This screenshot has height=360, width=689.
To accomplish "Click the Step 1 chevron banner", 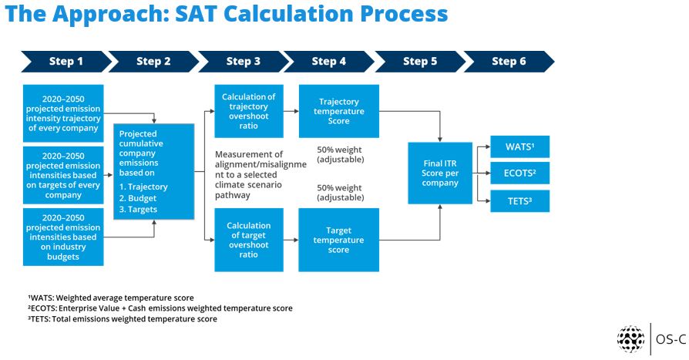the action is point(66,62).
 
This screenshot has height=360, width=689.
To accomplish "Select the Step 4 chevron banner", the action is point(328,62).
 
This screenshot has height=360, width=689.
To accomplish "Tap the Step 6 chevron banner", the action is point(509,62).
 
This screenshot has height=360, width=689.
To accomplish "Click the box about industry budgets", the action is point(63,237).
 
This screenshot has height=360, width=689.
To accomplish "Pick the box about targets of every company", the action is point(63,176).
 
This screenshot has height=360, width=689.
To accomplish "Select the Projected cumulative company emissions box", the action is point(154,171).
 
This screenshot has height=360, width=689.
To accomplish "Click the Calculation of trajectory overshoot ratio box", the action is point(249,111).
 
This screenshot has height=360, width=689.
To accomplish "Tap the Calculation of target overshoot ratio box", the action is point(249,240).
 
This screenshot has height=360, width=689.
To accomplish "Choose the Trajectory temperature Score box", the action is point(339,111).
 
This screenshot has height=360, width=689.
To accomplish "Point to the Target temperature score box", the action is point(339,240).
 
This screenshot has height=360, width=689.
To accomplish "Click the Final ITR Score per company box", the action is point(440,173).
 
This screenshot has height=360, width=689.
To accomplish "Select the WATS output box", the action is point(519,146).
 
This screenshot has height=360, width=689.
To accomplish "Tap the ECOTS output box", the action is point(519,173).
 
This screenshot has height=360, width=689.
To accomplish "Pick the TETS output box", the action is point(519,201).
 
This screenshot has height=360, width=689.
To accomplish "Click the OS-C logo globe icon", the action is point(630,339).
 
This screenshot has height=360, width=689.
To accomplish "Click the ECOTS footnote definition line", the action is point(160,308).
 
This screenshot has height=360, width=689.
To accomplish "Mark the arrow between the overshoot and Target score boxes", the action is point(291,240).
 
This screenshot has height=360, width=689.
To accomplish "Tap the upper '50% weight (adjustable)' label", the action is point(340,154).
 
